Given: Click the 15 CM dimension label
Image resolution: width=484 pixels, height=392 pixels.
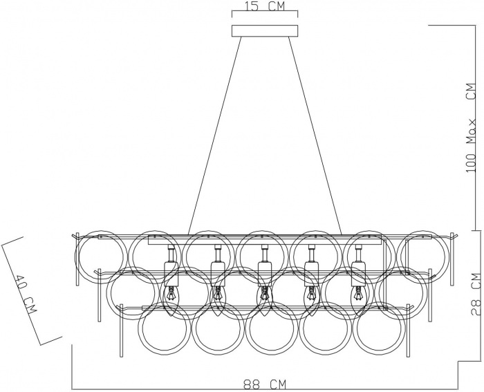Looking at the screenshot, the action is [x=265, y=6].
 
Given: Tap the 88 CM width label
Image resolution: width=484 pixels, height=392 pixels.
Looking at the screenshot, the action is [x=265, y=385].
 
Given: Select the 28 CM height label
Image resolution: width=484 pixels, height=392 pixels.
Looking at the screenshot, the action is [x=477, y=294].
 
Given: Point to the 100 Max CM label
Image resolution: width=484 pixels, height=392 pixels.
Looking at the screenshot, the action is [x=472, y=127].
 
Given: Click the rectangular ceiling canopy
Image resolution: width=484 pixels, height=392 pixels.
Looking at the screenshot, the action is [x=265, y=31].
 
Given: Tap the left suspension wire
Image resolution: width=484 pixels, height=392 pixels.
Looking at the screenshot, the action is [x=214, y=136].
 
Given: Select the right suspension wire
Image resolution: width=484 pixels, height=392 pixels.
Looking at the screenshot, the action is [x=315, y=136].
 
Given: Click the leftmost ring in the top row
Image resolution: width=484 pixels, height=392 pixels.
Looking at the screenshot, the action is [x=102, y=256].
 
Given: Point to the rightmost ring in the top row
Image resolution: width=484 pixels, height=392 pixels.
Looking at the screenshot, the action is [x=423, y=256].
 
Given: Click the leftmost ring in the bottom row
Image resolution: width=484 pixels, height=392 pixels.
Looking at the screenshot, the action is [x=165, y=328].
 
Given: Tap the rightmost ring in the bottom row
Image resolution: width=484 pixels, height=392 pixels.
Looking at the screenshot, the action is [x=379, y=328].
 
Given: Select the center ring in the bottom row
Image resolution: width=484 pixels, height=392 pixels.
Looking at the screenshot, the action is [x=272, y=328].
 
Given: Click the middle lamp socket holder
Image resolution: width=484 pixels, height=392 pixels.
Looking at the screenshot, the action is [x=264, y=272].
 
